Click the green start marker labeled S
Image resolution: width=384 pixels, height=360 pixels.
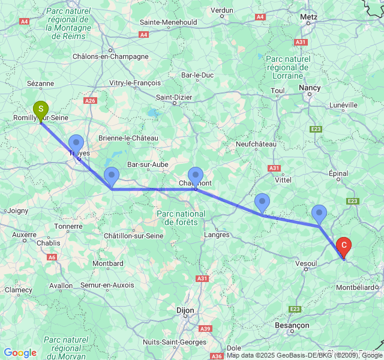[40, 110]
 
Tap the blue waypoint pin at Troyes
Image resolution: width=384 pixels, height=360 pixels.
[76, 145]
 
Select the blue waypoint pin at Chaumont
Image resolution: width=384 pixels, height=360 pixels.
[196, 176]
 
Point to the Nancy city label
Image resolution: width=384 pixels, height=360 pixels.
[310, 88]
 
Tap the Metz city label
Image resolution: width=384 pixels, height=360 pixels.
[309, 17]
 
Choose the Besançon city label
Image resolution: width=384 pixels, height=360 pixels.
[292, 325]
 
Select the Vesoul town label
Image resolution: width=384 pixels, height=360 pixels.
[307, 263]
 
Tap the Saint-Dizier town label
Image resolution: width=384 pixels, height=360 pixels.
[175, 97]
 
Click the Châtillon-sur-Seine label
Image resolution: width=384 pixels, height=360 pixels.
[133, 236]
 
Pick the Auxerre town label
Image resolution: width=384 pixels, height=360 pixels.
[24, 235]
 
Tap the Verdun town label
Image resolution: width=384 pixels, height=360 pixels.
[222, 10]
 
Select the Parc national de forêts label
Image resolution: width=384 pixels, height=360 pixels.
[181, 218]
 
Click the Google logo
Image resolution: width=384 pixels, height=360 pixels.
[20, 353]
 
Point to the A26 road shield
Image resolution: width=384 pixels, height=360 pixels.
[90, 101]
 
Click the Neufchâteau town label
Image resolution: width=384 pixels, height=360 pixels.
[256, 144]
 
